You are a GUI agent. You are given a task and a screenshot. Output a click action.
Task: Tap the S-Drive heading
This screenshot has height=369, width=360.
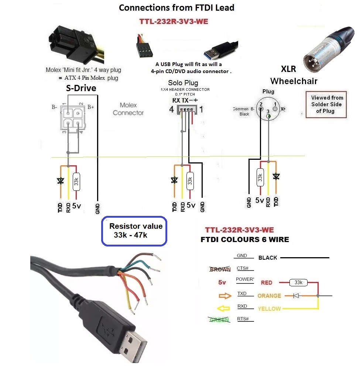coord(81,88)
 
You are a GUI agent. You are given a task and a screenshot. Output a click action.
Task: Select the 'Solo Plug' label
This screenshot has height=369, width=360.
coord(183,83)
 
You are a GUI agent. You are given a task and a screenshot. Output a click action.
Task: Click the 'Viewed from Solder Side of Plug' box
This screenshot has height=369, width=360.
coord(326,104)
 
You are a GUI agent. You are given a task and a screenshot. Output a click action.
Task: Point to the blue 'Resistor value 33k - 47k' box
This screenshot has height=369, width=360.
coord(134,231)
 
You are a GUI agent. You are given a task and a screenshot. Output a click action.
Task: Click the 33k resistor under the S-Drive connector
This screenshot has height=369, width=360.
coord(76,181)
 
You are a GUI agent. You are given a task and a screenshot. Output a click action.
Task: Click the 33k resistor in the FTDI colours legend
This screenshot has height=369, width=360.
coord(298,283)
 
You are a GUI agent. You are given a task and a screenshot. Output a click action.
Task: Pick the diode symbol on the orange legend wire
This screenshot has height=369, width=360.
coord(296,296)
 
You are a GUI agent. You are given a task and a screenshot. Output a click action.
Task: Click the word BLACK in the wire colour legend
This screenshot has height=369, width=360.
coord(268,258)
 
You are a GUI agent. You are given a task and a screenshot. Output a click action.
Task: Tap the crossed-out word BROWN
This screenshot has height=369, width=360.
coord(220,269)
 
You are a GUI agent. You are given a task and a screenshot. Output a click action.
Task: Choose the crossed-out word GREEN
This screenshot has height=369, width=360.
coord(219,320)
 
